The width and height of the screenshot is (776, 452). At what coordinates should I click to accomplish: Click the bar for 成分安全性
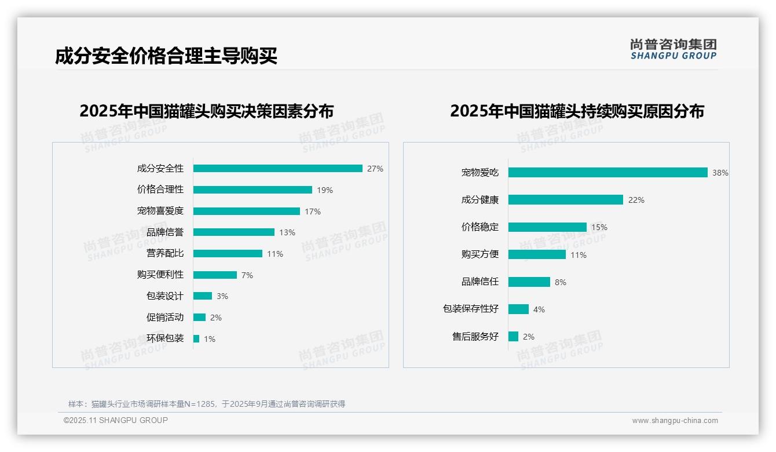pyautogui.click(x=277, y=169)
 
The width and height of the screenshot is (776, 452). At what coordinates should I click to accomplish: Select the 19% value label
pyautogui.click(x=325, y=190)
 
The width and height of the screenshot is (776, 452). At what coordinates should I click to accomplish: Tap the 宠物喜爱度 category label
pyautogui.click(x=160, y=211)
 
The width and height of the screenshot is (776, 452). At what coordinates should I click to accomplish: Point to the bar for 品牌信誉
pyautogui.click(x=233, y=232)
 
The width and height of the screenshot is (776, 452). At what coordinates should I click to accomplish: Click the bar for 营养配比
pyautogui.click(x=228, y=254)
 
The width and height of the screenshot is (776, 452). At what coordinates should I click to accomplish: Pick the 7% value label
pyautogui.click(x=247, y=275)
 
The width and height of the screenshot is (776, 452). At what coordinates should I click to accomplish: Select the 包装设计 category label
pyautogui.click(x=165, y=296)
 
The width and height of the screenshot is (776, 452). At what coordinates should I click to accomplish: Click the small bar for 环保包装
pyautogui.click(x=196, y=339)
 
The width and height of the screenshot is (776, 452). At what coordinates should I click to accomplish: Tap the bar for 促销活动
pyautogui.click(x=199, y=318)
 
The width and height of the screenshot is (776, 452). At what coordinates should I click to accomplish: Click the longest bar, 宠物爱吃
pyautogui.click(x=607, y=173)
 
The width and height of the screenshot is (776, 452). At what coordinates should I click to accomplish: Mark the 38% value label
pyautogui.click(x=720, y=173)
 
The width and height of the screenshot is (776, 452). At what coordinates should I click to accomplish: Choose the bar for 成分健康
pyautogui.click(x=565, y=200)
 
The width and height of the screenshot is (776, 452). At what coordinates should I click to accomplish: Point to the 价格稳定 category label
pyautogui.click(x=480, y=227)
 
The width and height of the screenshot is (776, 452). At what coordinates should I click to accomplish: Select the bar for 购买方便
pyautogui.click(x=537, y=254)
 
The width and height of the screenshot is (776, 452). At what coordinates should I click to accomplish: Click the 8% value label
pyautogui.click(x=561, y=282)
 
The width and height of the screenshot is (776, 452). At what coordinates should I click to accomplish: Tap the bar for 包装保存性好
pyautogui.click(x=518, y=309)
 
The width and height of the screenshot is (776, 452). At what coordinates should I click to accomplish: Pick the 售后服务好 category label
pyautogui.click(x=475, y=337)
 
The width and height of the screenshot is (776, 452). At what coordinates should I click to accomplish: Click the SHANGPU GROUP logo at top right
pyautogui.click(x=673, y=49)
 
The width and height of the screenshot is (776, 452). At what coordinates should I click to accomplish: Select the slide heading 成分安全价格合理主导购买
pyautogui.click(x=166, y=56)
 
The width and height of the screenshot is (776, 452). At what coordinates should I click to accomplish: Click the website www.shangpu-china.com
pyautogui.click(x=675, y=421)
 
